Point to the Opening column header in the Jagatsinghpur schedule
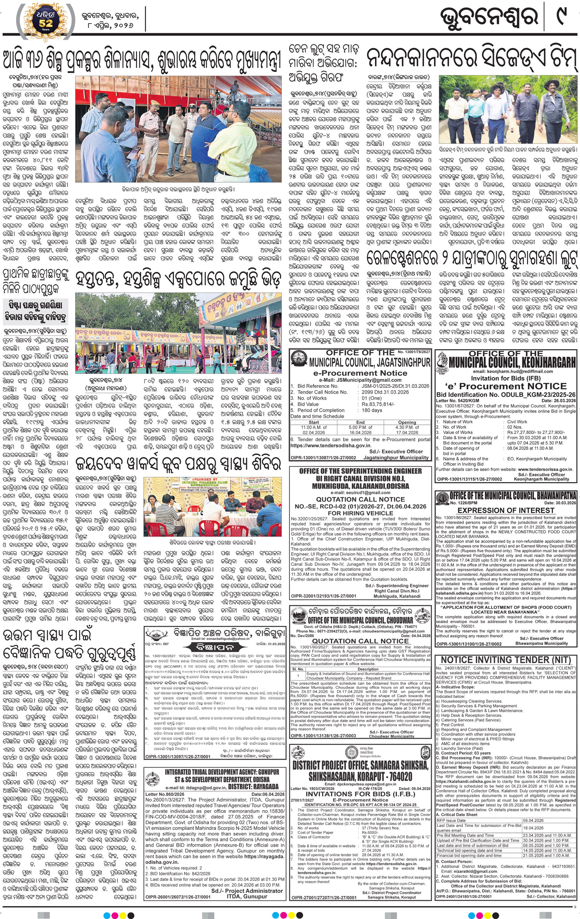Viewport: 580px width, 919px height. pos(407,422)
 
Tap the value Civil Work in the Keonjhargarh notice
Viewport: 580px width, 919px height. pos(517,422)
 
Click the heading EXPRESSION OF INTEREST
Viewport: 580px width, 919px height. pos(506,510)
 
